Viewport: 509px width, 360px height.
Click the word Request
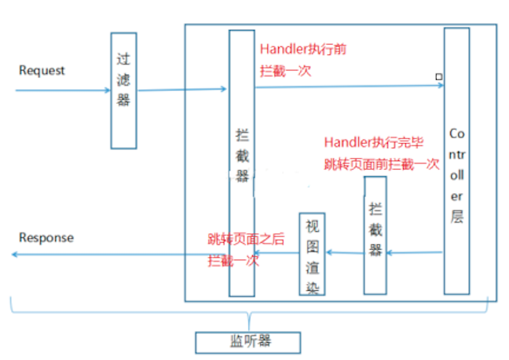[x=42, y=71]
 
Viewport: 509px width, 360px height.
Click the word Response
[x=46, y=237]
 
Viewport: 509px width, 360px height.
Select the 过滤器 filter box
[x=123, y=90]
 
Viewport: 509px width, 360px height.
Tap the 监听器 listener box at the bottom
[x=247, y=342]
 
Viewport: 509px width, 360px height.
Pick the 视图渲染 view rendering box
[x=313, y=253]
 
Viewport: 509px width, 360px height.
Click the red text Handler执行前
[x=303, y=50]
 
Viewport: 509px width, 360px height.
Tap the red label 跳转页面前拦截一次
[x=382, y=165]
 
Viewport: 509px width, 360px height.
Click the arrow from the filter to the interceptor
[x=182, y=90]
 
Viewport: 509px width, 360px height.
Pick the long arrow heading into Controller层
[x=349, y=86]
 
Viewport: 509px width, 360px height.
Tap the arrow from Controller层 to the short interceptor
[x=415, y=253]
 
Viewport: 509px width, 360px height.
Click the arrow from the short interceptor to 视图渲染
[x=345, y=252]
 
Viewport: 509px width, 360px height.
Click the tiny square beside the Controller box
[x=438, y=77]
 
